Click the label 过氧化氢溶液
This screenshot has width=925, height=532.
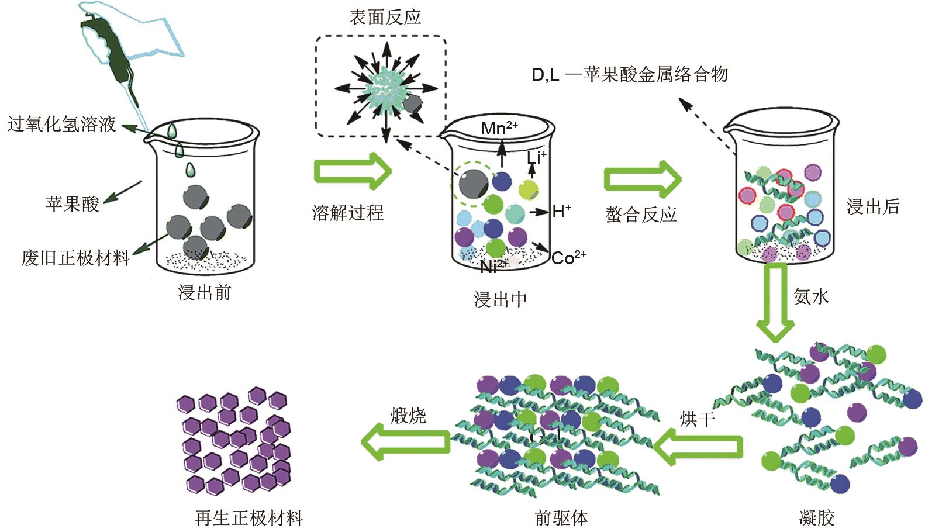coord(61,125)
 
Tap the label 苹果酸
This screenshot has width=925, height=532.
coord(72,203)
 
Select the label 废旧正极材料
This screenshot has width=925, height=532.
coord(75,258)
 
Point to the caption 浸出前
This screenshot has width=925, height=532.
coord(205,292)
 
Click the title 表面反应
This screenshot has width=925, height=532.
coord(385,17)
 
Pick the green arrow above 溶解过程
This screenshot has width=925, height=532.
coord(352,171)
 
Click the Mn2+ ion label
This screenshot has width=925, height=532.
coord(499,128)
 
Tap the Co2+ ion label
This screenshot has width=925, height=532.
coord(568,257)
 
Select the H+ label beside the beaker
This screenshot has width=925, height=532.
coord(561,211)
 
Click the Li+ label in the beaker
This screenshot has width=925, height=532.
coord(536,157)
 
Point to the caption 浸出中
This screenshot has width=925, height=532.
coord(500,299)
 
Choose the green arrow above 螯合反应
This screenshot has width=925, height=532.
coord(642,178)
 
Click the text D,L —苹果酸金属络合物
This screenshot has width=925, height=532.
coord(630,74)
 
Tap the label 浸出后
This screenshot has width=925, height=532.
coord(872,206)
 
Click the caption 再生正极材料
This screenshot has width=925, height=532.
coord(249,518)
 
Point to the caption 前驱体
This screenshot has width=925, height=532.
coord(561,517)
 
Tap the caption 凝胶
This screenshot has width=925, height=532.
coord(816,517)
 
